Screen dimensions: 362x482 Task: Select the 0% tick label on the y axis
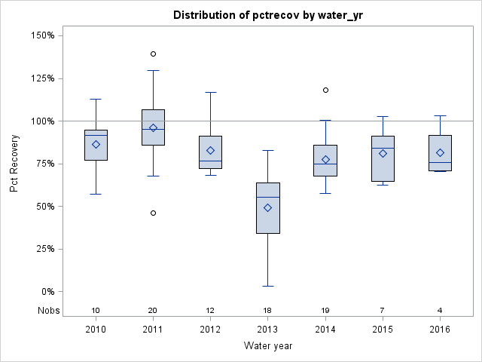[47, 292]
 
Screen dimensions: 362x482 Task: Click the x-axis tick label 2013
[268, 330]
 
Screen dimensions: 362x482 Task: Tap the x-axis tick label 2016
[440, 330]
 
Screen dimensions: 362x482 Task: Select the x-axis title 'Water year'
[268, 346]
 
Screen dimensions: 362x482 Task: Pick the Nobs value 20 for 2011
[153, 311]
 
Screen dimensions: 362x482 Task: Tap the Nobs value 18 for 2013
[268, 311]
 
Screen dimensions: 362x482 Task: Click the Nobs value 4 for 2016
[440, 311]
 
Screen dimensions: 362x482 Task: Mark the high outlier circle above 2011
[153, 54]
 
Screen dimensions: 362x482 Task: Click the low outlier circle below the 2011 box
[153, 213]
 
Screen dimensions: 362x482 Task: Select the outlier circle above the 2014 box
[325, 90]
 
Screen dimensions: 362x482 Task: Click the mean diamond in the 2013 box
[268, 207]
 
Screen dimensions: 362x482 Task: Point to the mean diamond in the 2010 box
[96, 144]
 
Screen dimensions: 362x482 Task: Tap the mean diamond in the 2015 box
[383, 153]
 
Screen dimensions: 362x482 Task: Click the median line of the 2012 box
[210, 161]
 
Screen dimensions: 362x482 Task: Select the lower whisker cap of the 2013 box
[268, 286]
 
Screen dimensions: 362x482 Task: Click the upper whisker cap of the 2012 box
[210, 92]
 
